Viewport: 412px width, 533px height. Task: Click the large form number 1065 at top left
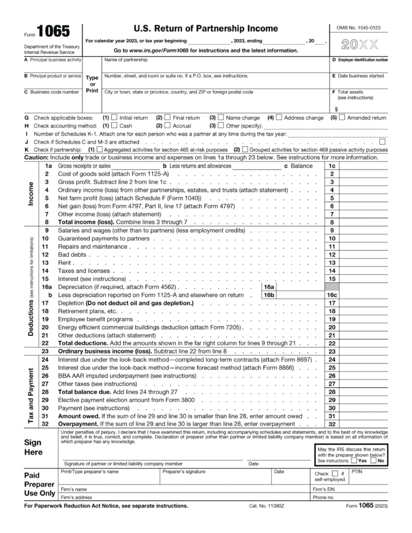click(x=53, y=32)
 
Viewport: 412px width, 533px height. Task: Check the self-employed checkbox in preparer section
click(x=335, y=473)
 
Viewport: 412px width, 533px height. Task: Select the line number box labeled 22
click(x=332, y=343)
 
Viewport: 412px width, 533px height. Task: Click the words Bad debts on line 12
click(x=71, y=255)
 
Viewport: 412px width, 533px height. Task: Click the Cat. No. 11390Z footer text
click(x=266, y=505)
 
